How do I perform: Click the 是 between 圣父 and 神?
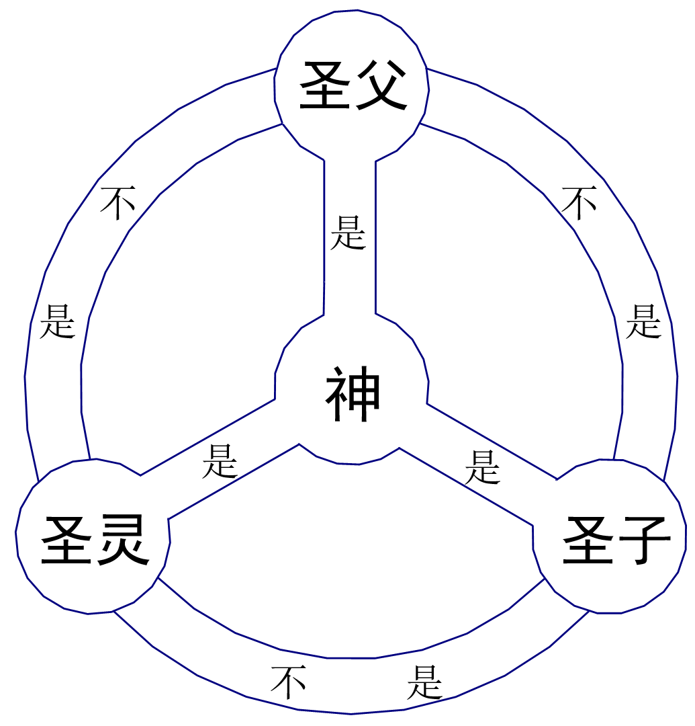coord(349,233)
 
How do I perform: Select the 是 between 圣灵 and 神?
coord(220,461)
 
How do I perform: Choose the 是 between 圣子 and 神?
coord(483,467)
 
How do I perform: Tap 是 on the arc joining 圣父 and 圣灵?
coord(57,321)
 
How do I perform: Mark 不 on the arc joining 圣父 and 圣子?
coord(579,202)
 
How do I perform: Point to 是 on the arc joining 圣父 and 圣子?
coord(643,321)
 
